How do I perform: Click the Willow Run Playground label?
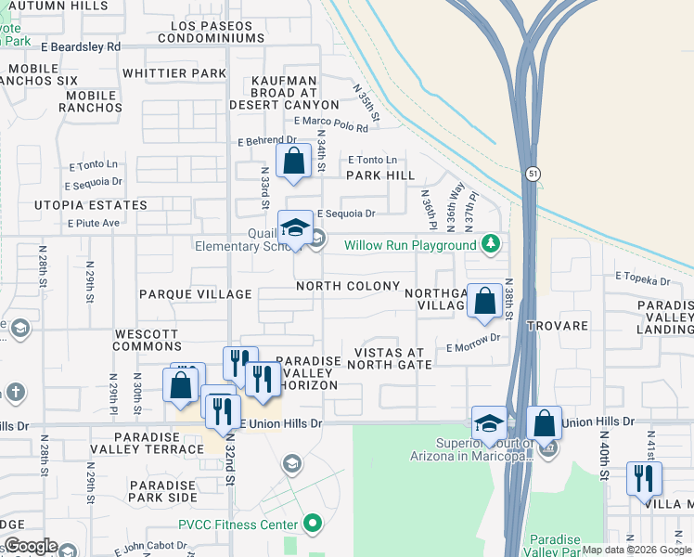409,246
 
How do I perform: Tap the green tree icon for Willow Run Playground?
491,245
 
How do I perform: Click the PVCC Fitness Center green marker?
313,524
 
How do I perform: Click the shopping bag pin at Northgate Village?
484,302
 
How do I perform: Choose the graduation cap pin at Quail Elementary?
295,228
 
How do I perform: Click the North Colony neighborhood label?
348,286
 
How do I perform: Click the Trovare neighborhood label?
558,326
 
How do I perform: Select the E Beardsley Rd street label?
82,45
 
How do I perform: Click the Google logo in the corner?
30,546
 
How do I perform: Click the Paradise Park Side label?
163,491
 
